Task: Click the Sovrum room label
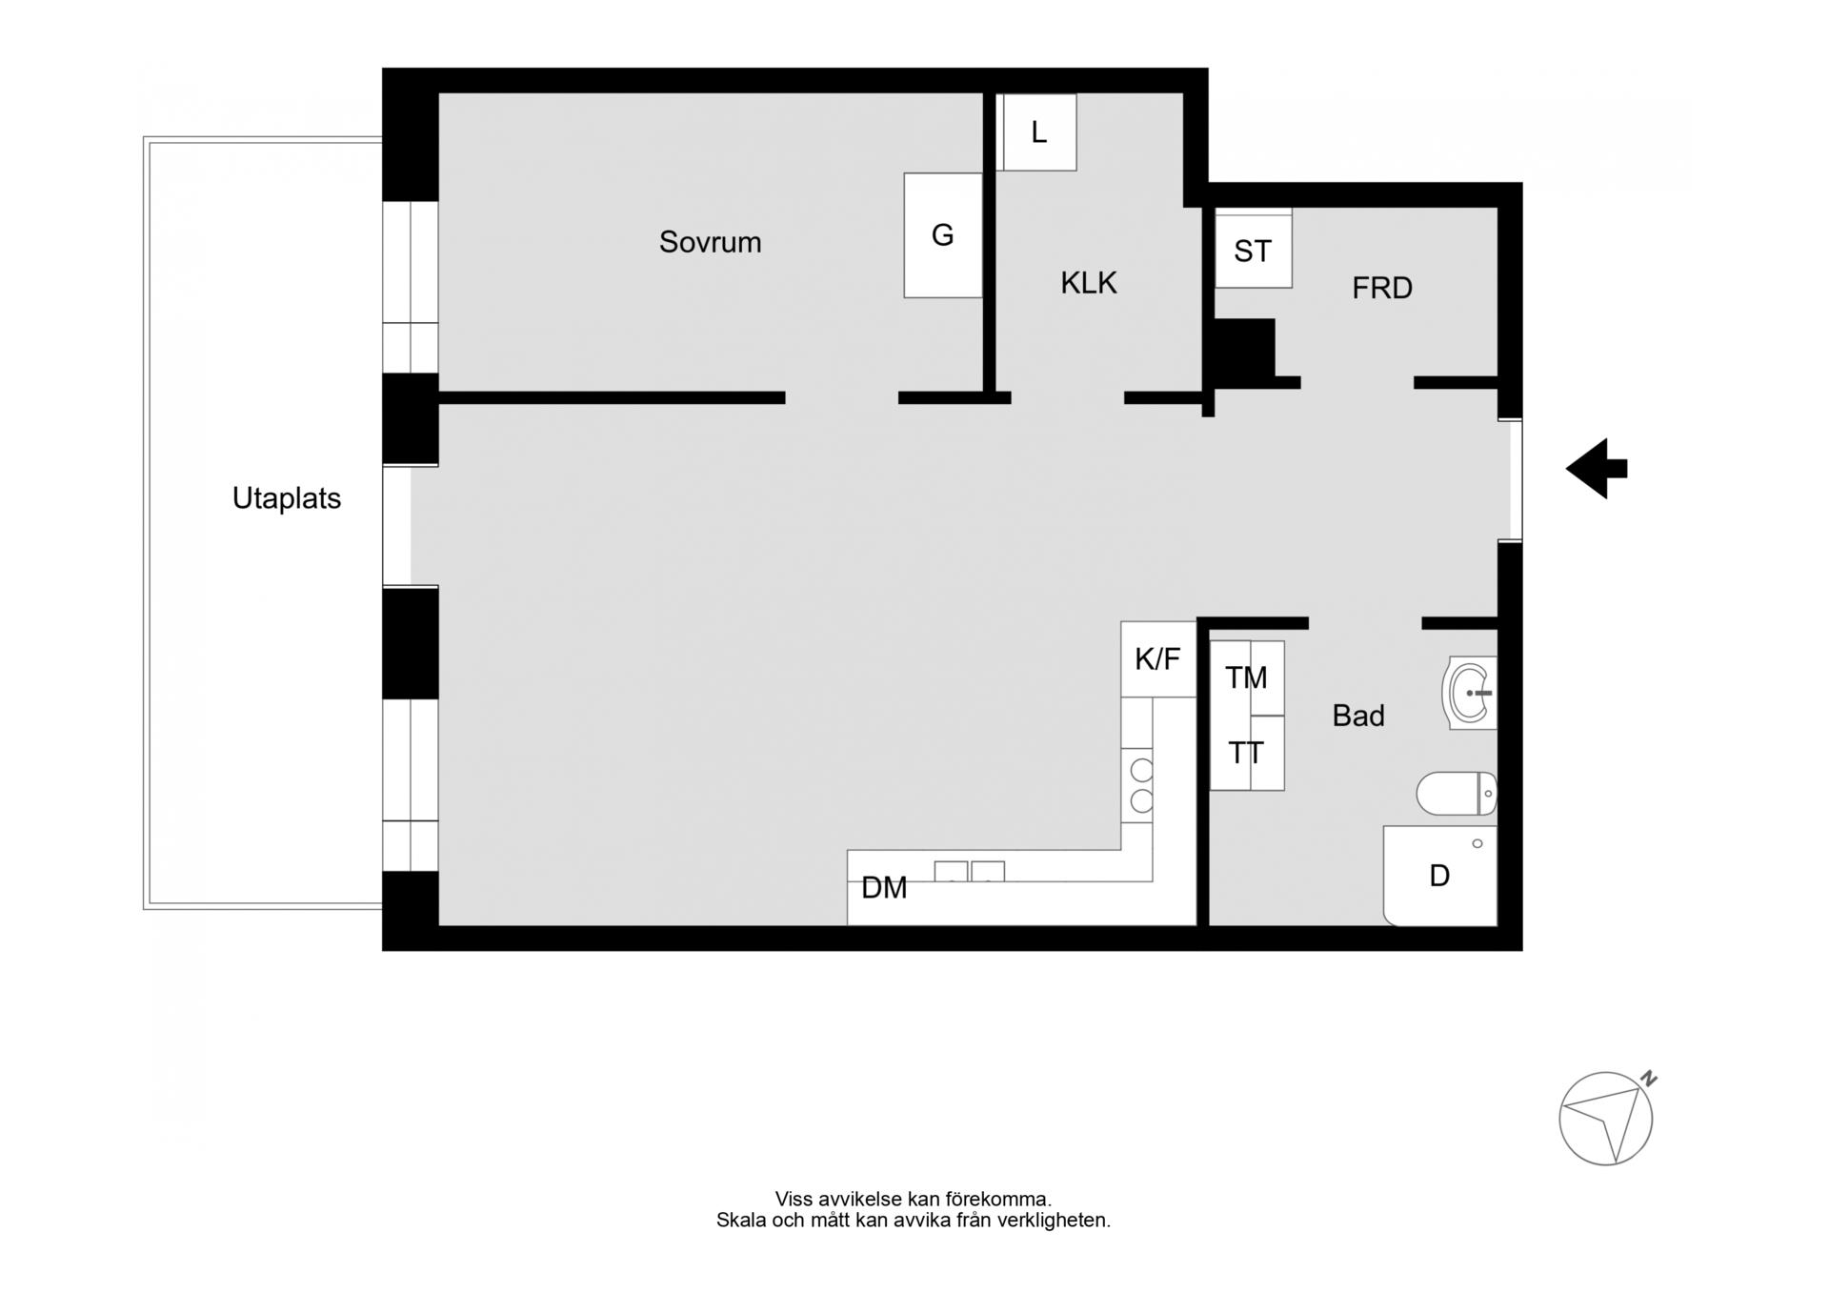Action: coord(710,242)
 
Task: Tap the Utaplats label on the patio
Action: coord(287,498)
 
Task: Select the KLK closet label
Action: coord(1089,283)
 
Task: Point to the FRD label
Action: coord(1382,288)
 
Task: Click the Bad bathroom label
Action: coord(1358,716)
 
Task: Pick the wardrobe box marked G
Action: coord(943,235)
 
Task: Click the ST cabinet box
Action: coord(1254,249)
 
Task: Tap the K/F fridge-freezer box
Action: coord(1158,659)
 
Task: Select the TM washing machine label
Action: coord(1246,677)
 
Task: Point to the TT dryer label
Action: coord(1245,754)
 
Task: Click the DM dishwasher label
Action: coord(884,888)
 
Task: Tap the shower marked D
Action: coord(1440,876)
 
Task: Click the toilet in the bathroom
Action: coord(1457,794)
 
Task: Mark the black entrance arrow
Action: coord(1597,469)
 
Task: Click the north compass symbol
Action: coord(1606,1119)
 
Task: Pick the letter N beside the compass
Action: coord(1649,1080)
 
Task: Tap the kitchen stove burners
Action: coord(1141,786)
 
